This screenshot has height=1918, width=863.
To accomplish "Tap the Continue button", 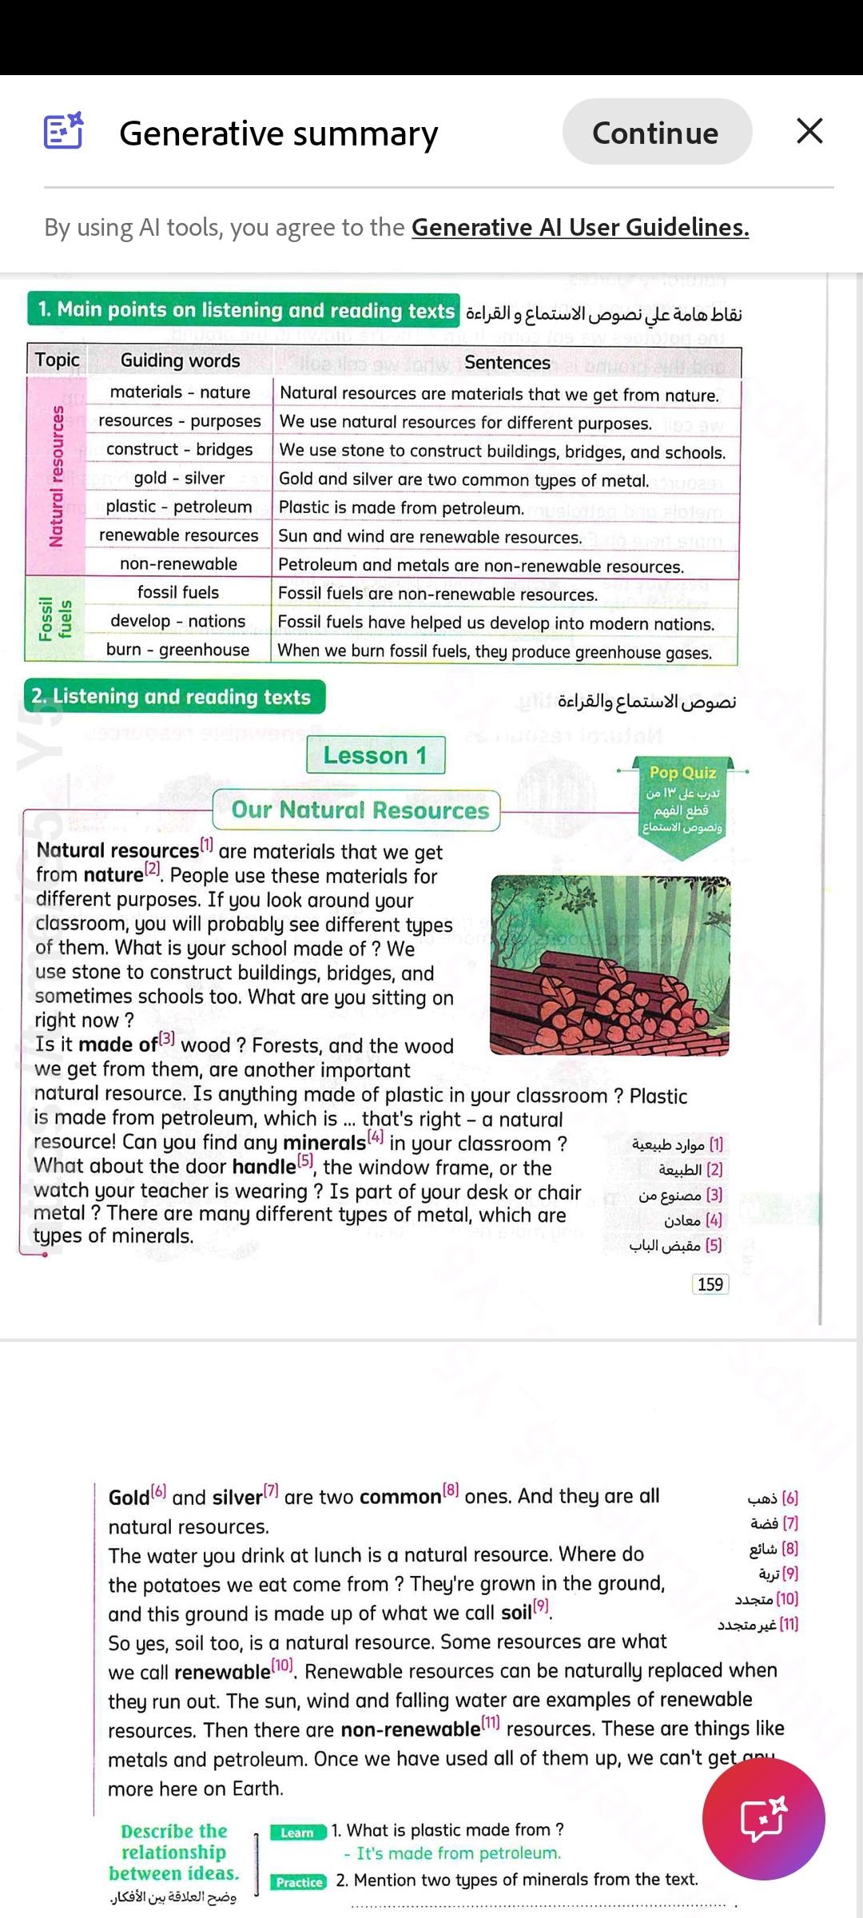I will click(656, 133).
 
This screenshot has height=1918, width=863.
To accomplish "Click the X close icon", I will click(809, 131).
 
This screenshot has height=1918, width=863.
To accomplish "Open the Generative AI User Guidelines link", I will click(580, 228).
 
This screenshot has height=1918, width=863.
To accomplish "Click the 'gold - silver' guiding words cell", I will click(179, 478).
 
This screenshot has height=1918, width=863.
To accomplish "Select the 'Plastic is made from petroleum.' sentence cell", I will click(401, 508).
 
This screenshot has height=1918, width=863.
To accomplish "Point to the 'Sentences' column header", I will click(507, 363).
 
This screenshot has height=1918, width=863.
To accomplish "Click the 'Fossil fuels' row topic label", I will click(54, 620).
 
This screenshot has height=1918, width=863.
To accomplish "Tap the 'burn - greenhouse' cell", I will click(177, 650).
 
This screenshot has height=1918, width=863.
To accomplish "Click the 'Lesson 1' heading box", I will click(375, 755).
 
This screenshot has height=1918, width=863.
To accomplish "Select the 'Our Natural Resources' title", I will click(360, 810).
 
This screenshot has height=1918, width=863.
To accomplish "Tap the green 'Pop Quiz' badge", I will click(682, 799).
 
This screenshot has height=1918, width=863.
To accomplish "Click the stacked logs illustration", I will click(610, 965).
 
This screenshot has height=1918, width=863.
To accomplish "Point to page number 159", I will click(710, 1284).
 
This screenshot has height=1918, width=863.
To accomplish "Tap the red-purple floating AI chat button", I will click(763, 1819).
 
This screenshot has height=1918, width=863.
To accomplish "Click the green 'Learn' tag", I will click(297, 1832).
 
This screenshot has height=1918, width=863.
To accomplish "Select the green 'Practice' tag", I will click(299, 1882).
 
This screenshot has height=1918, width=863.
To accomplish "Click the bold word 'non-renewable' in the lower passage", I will click(410, 1729).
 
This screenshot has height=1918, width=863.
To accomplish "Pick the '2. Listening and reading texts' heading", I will click(174, 697).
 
